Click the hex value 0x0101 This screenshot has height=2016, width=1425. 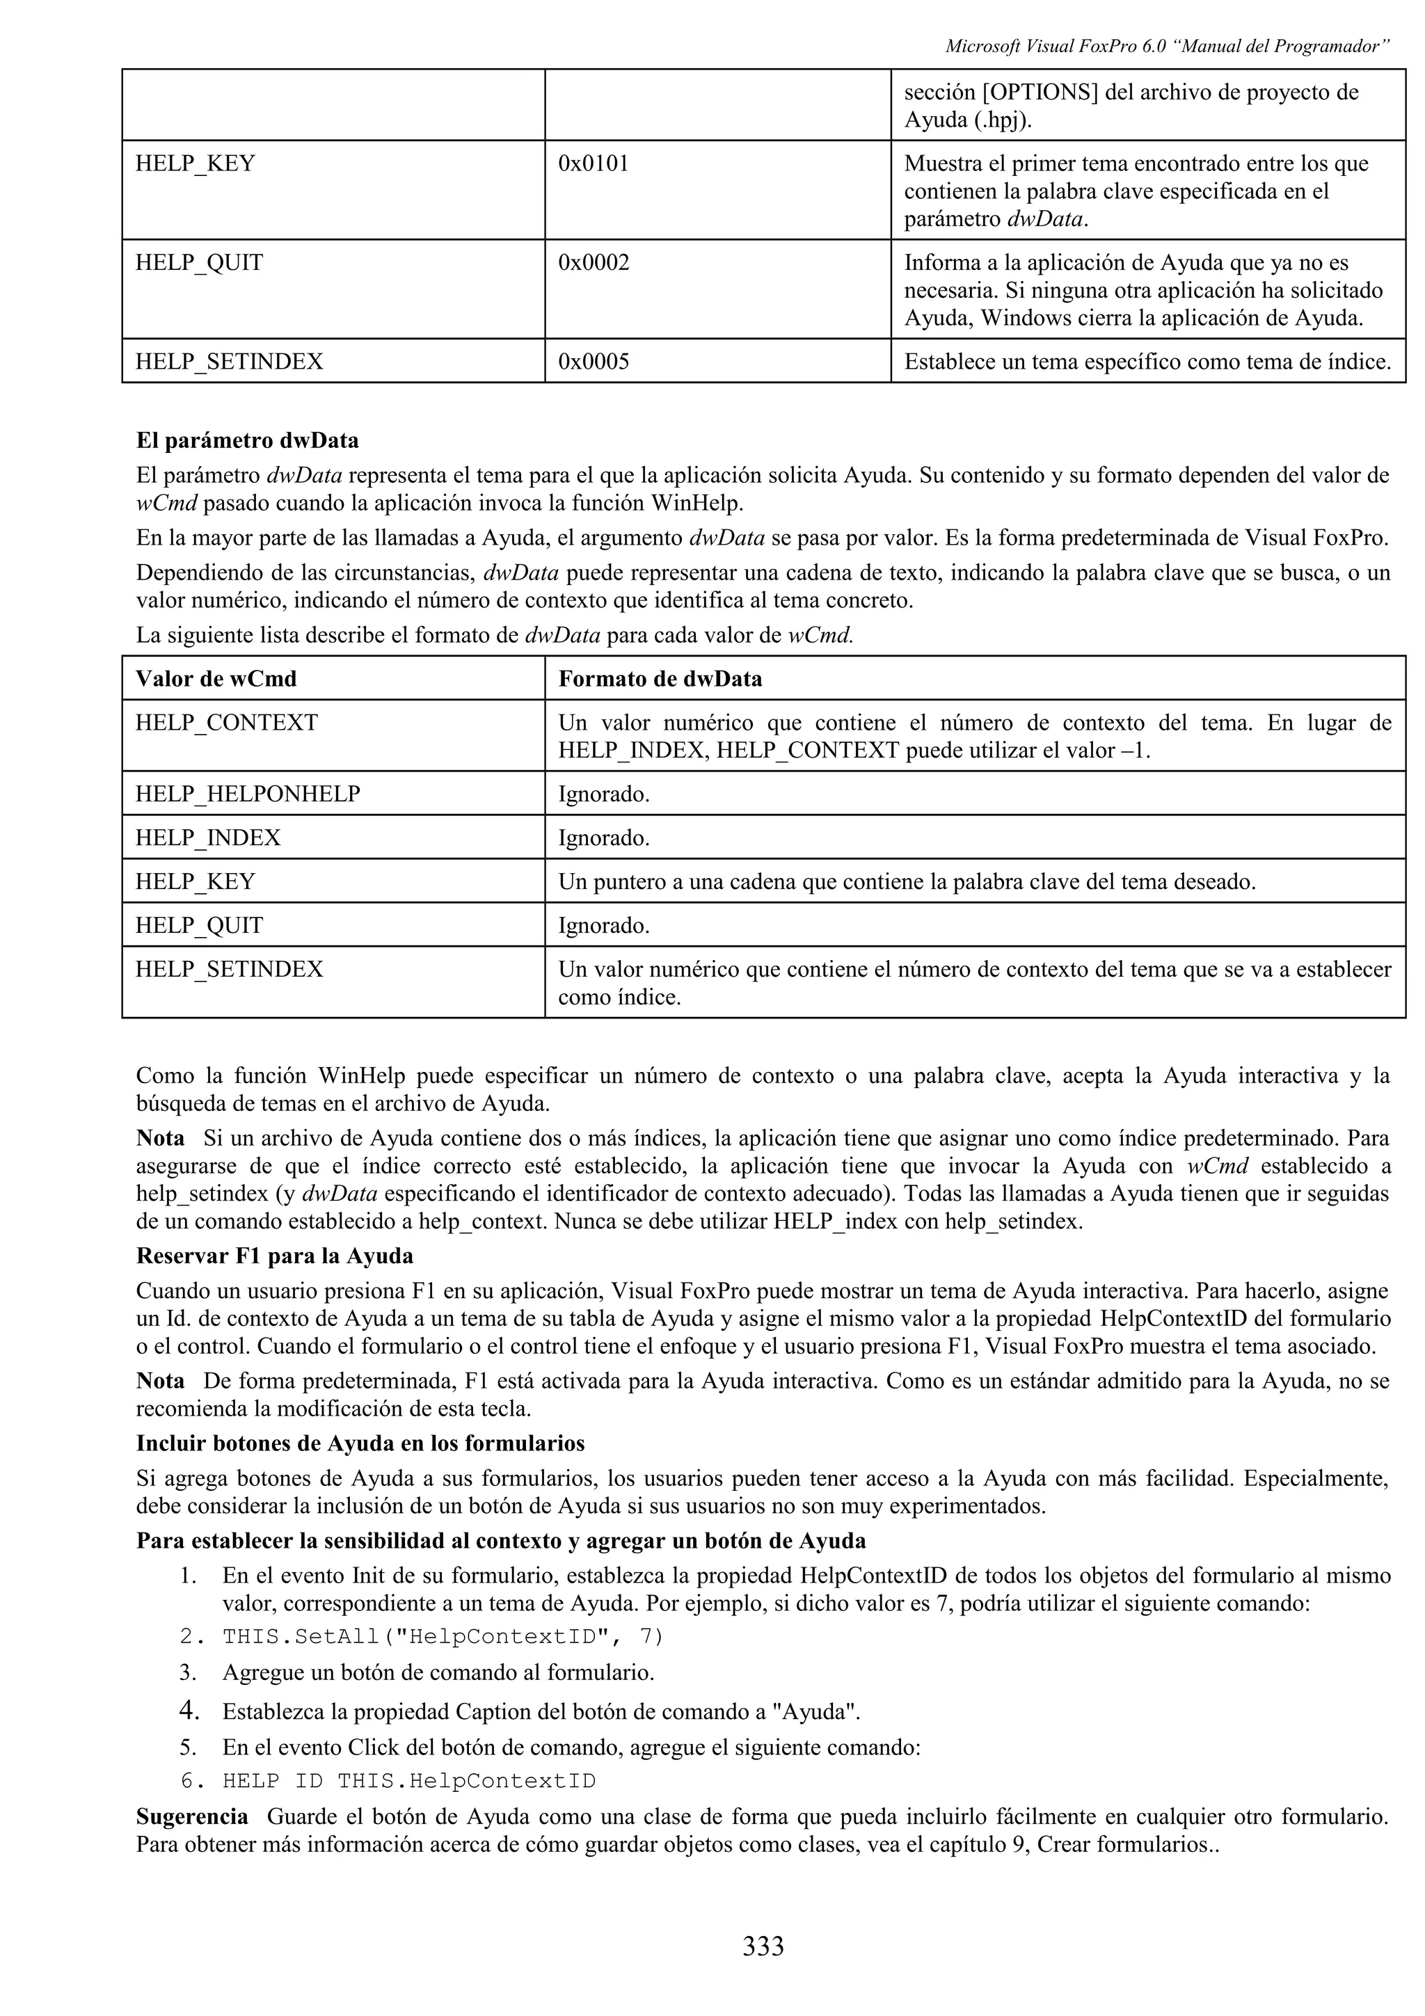click(593, 164)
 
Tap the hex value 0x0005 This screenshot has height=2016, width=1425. click(594, 362)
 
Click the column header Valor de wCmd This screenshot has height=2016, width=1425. click(216, 679)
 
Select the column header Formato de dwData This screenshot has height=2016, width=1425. click(660, 679)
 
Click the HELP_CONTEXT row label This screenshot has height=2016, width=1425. click(227, 723)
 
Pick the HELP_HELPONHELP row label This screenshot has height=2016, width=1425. click(248, 794)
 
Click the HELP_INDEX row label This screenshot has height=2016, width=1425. click(208, 838)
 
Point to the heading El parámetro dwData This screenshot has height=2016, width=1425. click(248, 440)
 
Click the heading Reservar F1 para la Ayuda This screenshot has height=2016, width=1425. click(274, 1256)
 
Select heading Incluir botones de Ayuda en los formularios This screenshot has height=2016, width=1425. click(360, 1443)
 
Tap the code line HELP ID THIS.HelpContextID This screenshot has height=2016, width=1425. click(408, 1782)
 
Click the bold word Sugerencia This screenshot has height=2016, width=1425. click(191, 1816)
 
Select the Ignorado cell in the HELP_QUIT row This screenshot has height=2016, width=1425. click(603, 925)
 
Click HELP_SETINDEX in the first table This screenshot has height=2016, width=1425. click(229, 362)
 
